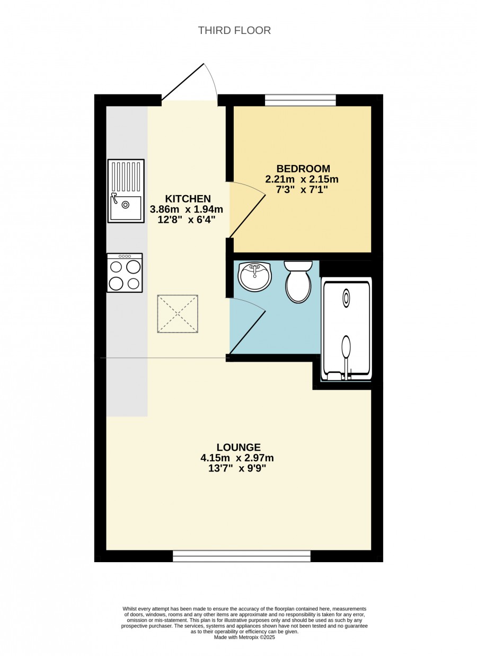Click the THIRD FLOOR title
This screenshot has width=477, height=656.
(234, 30)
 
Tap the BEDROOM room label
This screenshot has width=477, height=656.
(303, 169)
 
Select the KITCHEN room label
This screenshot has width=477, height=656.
(188, 199)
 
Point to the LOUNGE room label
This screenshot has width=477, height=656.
(238, 447)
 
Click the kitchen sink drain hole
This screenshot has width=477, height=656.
(126, 205)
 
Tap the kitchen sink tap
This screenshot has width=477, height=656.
(114, 198)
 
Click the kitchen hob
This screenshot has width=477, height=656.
(125, 273)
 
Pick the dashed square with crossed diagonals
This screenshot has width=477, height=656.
(178, 314)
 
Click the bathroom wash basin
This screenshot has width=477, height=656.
(254, 276)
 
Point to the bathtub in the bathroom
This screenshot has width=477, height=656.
(346, 329)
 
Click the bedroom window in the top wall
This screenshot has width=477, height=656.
(301, 100)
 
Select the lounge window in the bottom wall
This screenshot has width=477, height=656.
(242, 556)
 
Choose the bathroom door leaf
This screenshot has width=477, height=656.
(248, 332)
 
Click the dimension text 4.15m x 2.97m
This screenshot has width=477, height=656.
(237, 458)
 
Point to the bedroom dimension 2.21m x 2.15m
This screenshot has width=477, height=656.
(302, 179)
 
